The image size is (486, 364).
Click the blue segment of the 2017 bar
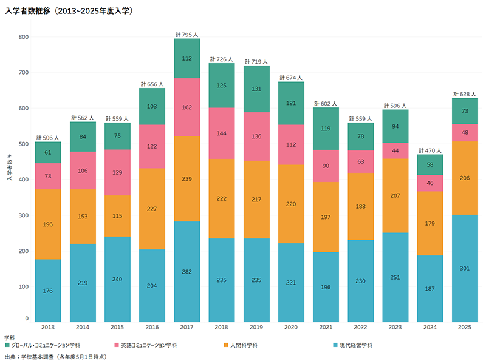(187, 272)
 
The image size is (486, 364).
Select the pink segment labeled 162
(187, 107)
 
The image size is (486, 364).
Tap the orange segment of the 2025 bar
(465, 178)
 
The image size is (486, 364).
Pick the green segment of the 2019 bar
(256, 89)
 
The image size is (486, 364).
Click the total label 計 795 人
(187, 34)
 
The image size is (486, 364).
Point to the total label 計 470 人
(430, 150)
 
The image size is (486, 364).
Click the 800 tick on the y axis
(24, 37)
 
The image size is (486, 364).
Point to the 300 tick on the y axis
(24, 215)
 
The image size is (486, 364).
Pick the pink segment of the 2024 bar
(430, 183)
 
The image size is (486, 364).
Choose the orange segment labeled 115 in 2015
(118, 215)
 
